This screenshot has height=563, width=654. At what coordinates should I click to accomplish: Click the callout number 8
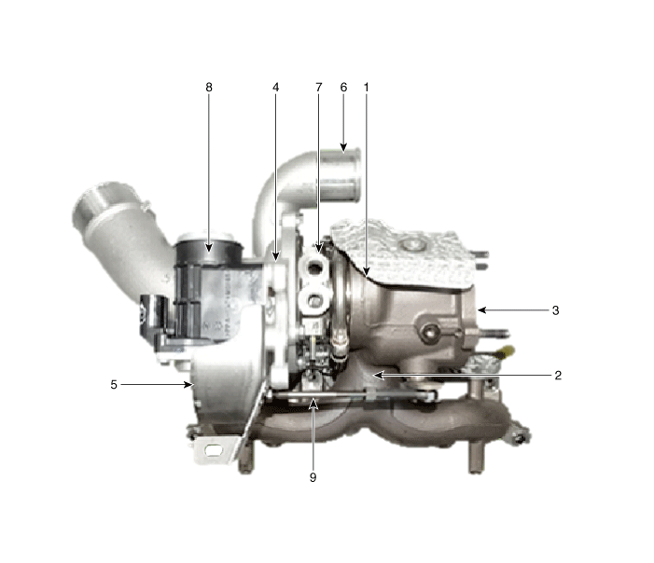[209, 87]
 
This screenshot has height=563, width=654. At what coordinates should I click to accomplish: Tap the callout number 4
[276, 87]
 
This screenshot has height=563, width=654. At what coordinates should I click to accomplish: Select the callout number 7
[319, 87]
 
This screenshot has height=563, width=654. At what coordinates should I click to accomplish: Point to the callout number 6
[343, 87]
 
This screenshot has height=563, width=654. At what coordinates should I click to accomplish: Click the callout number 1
[367, 87]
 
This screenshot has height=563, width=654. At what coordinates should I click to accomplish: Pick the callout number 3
[555, 310]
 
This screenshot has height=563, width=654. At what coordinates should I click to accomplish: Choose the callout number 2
[558, 376]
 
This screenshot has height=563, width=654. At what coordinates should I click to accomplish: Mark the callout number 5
[114, 385]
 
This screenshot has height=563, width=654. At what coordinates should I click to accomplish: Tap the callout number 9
[313, 477]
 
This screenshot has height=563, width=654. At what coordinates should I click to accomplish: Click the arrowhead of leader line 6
[343, 147]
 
